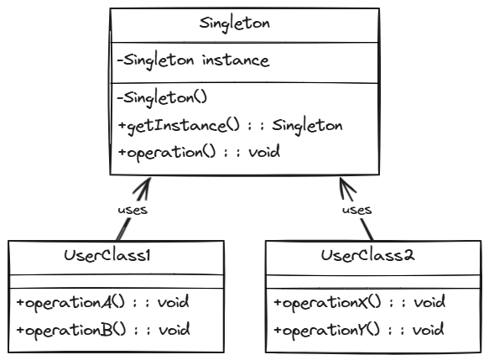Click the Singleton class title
click(x=234, y=23)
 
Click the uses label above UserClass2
click(x=357, y=210)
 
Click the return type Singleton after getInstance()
click(x=310, y=126)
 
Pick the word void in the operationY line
click(x=429, y=329)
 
